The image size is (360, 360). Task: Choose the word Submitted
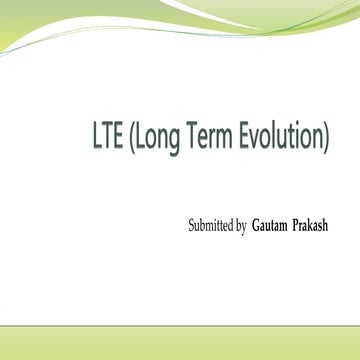click(x=211, y=227)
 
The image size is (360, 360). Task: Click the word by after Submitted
click(x=241, y=228)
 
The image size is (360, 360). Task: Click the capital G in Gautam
click(x=258, y=227)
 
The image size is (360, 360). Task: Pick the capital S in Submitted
click(x=192, y=227)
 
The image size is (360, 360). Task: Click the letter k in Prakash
click(x=322, y=227)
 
